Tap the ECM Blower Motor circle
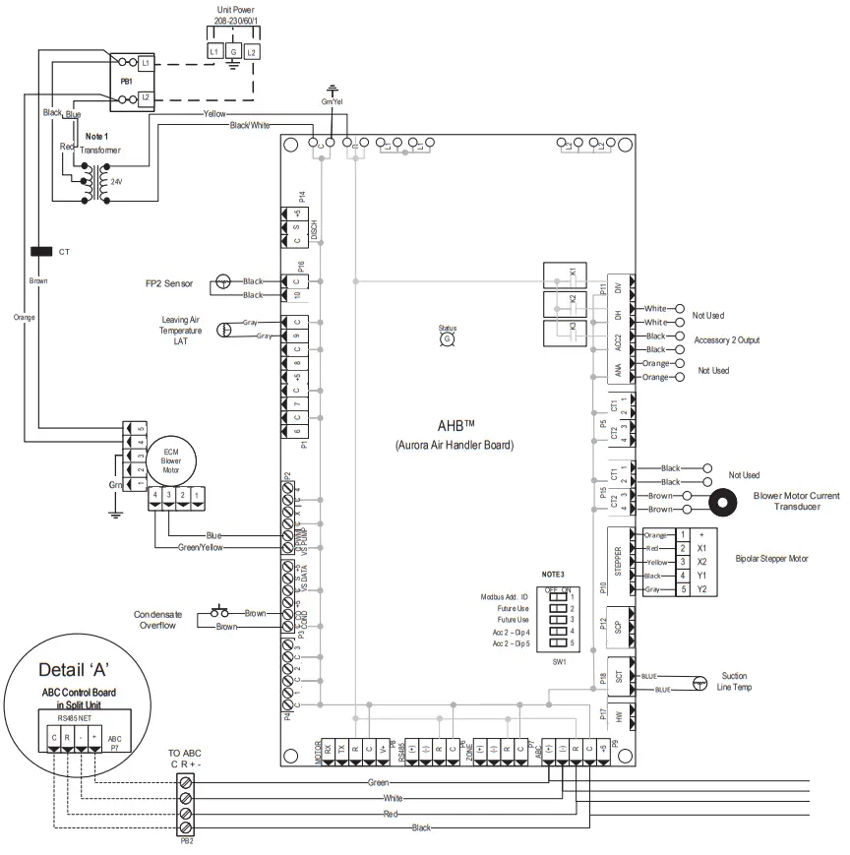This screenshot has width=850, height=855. (x=170, y=459)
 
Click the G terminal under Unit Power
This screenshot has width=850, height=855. (x=233, y=50)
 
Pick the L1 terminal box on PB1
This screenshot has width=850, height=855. (x=146, y=62)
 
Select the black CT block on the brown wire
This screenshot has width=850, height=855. (x=42, y=252)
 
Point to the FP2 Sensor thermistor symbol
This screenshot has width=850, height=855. (x=223, y=283)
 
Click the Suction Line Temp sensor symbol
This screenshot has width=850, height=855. (x=698, y=682)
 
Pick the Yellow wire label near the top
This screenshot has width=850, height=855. (x=214, y=114)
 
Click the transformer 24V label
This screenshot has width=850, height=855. (x=116, y=182)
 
